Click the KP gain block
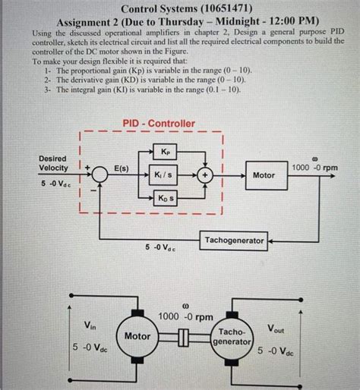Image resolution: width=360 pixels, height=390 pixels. pyautogui.click(x=166, y=150)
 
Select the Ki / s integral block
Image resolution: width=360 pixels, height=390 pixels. pyautogui.click(x=166, y=175)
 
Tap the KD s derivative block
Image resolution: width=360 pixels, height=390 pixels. pyautogui.click(x=166, y=199)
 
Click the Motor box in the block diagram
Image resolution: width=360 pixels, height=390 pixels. pyautogui.click(x=264, y=175)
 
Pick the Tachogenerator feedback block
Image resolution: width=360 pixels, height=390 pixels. pyautogui.click(x=234, y=241)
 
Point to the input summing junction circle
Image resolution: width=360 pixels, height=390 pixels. pyautogui.click(x=98, y=175)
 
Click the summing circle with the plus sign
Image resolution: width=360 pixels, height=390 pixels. pyautogui.click(x=205, y=175)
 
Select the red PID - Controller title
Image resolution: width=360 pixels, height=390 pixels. pyautogui.click(x=159, y=123)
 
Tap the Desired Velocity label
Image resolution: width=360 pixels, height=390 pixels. pyautogui.click(x=53, y=162)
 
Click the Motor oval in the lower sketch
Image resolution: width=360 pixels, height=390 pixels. pyautogui.click(x=137, y=335)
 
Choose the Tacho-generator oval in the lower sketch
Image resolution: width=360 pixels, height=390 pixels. pyautogui.click(x=232, y=337)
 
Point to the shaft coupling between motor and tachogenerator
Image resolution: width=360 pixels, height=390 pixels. pyautogui.click(x=184, y=337)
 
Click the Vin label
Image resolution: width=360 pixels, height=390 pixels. pyautogui.click(x=90, y=326)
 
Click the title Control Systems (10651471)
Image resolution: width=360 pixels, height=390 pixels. pyautogui.click(x=179, y=9)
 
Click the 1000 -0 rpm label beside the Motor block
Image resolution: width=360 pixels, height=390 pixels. pyautogui.click(x=314, y=167)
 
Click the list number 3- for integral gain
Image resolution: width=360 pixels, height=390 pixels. pyautogui.click(x=48, y=89)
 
